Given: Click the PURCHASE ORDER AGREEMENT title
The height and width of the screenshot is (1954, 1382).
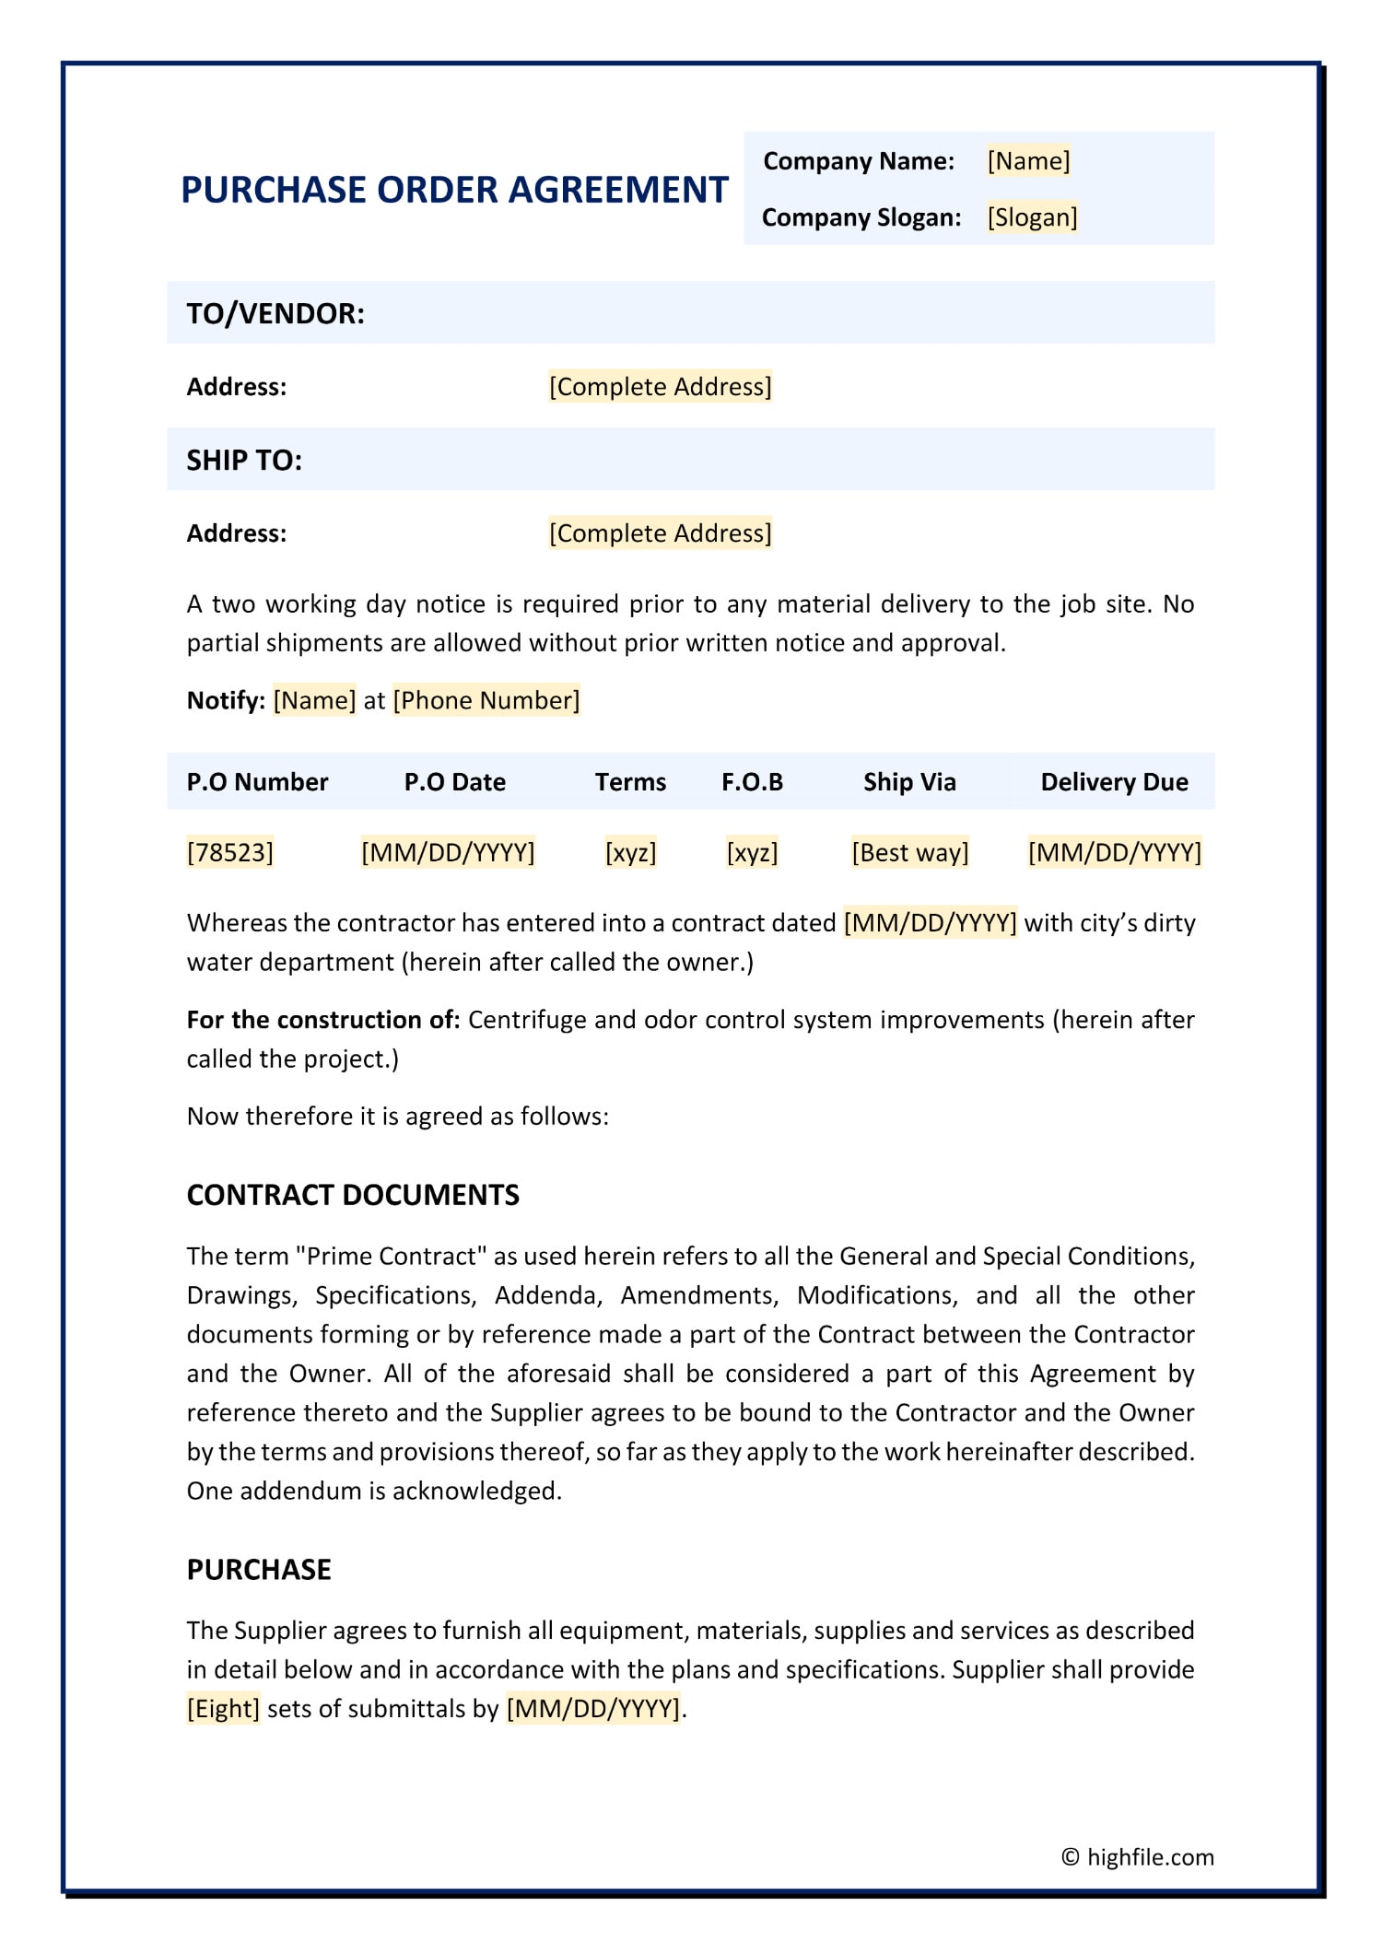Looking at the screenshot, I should [x=454, y=190].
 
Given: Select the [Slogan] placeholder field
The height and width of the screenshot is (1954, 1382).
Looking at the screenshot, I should [x=1032, y=217].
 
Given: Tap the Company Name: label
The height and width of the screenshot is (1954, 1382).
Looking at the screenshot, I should [x=859, y=161].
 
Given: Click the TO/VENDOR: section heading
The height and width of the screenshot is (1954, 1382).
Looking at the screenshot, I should [x=275, y=313].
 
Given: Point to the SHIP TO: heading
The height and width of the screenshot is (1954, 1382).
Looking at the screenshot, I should [x=244, y=460].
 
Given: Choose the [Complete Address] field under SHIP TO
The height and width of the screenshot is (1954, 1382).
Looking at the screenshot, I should [x=660, y=533].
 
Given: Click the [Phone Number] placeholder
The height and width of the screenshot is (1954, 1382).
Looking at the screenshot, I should [x=486, y=700].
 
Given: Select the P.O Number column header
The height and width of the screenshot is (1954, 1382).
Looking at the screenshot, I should [x=257, y=782].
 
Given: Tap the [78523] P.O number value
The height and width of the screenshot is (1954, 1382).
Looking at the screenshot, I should [x=230, y=852].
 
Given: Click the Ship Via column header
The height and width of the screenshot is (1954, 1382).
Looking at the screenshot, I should [x=909, y=782].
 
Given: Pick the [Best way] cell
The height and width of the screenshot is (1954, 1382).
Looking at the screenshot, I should [x=910, y=852].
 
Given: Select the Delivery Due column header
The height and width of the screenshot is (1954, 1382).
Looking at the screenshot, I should [x=1114, y=782].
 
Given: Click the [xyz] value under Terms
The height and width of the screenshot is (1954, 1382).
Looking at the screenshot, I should [x=631, y=852].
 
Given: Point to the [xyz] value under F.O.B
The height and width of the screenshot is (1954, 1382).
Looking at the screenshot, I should [x=753, y=852].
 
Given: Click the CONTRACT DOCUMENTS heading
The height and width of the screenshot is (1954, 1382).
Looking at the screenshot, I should [x=353, y=1195].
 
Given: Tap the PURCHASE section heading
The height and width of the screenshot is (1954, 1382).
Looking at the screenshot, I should [x=259, y=1570].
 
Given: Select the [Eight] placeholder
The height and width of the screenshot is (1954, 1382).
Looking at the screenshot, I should [x=223, y=1709].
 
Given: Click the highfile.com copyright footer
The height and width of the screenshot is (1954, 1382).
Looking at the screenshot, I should [x=1138, y=1857].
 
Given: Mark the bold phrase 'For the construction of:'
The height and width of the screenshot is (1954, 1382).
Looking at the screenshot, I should [x=323, y=1020].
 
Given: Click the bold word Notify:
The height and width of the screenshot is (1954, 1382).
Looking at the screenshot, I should [x=226, y=700].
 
